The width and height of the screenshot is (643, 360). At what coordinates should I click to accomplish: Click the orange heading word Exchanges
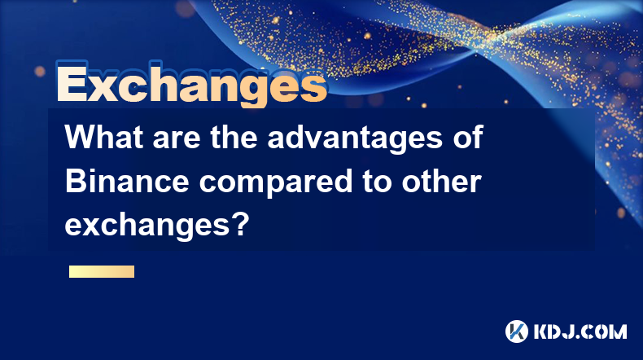(x=191, y=84)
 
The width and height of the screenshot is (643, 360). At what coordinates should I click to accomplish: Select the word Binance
(x=127, y=182)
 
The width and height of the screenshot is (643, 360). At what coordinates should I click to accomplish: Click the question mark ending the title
(x=241, y=225)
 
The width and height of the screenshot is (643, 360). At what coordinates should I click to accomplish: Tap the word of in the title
(x=467, y=137)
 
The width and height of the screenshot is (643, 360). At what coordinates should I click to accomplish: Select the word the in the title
(x=234, y=137)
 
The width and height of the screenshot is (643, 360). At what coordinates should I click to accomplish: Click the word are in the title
(x=177, y=140)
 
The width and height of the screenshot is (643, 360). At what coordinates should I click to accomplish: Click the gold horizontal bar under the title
(x=102, y=271)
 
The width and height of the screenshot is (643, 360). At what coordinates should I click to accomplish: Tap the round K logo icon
(x=517, y=331)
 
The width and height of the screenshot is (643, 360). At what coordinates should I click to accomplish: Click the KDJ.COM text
(x=580, y=331)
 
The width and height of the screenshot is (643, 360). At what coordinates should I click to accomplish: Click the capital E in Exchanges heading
(x=72, y=84)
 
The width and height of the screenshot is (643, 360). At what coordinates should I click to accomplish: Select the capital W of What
(x=81, y=138)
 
